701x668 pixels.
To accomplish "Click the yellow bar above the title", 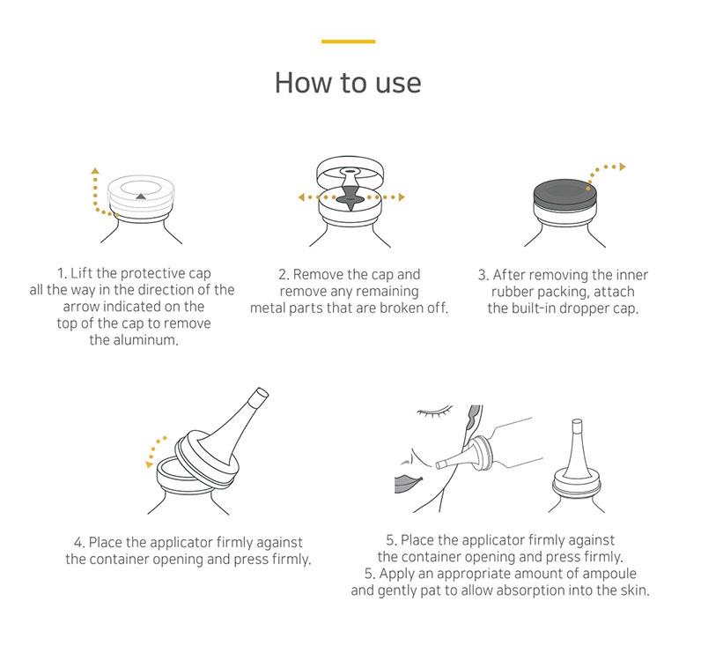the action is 348,41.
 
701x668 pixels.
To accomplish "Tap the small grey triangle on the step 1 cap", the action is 141,196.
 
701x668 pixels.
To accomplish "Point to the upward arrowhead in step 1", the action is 95,170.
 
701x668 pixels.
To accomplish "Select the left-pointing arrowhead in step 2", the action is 301,197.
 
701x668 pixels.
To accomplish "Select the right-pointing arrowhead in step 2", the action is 402,197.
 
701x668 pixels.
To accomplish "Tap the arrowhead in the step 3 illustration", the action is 623,167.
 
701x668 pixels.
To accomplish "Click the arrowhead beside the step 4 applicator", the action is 150,464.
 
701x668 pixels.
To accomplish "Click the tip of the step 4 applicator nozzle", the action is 262,393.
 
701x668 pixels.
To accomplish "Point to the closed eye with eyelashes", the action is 434,412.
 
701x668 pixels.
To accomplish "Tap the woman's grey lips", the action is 406,483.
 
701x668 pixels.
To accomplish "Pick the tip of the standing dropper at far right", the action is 577,422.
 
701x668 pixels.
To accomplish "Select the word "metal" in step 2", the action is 267,308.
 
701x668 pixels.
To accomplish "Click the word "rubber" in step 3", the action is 513,292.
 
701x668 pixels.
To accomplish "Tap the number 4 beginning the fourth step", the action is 78,543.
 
